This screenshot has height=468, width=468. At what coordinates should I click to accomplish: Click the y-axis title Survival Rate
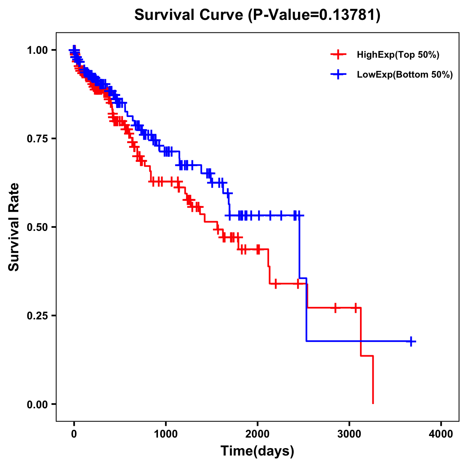coord(14,227)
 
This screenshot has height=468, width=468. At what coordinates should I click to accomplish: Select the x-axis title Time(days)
coord(257,451)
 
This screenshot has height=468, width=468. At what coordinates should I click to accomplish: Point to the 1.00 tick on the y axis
coord(38,50)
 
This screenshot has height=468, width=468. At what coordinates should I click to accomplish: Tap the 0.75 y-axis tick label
coord(38,138)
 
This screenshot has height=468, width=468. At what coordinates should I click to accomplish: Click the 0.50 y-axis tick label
coord(38,227)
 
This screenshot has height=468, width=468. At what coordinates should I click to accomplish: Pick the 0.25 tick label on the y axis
coord(38,316)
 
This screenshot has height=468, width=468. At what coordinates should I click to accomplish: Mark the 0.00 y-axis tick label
coord(38,404)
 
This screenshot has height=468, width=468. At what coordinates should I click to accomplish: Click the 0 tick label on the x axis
coord(74,434)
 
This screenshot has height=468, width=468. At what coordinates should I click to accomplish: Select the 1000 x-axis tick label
coord(166,434)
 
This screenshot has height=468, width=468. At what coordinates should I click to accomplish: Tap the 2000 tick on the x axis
coord(257,434)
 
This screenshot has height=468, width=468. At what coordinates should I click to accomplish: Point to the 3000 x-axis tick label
coord(349,434)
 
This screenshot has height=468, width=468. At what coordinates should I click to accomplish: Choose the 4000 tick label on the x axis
coord(441,434)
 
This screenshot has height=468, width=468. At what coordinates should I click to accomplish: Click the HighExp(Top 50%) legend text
coord(398,55)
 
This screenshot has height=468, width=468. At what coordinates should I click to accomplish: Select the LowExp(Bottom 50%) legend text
coord(405,75)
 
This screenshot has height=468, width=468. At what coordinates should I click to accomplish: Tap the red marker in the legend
coord(338,55)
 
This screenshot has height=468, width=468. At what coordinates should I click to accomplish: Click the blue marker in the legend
coord(338,74)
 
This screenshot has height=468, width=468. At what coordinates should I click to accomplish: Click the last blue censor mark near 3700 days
coord(411,341)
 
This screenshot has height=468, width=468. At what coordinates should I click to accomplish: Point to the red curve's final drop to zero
coord(373,380)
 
